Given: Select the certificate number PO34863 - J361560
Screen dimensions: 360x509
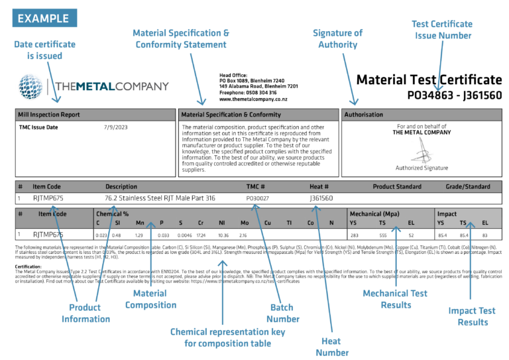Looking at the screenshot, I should (x=455, y=95).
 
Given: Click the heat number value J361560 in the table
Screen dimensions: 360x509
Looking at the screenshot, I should (x=321, y=198).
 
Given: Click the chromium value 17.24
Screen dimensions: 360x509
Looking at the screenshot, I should (x=201, y=235).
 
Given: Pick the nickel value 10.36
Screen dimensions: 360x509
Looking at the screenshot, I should (x=223, y=235).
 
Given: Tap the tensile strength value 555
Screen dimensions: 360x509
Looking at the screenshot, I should (x=382, y=235).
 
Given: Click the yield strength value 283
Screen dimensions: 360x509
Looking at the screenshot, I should (x=354, y=235).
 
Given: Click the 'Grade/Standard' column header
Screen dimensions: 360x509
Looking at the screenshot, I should (x=468, y=186).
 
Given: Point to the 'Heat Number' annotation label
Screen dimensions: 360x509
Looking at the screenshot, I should (x=332, y=347).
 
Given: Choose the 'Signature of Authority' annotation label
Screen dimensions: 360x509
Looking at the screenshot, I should (x=338, y=39).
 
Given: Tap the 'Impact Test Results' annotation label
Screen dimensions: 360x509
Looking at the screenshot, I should (x=471, y=316).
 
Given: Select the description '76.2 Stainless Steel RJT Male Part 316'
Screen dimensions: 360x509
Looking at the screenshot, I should (x=161, y=198).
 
